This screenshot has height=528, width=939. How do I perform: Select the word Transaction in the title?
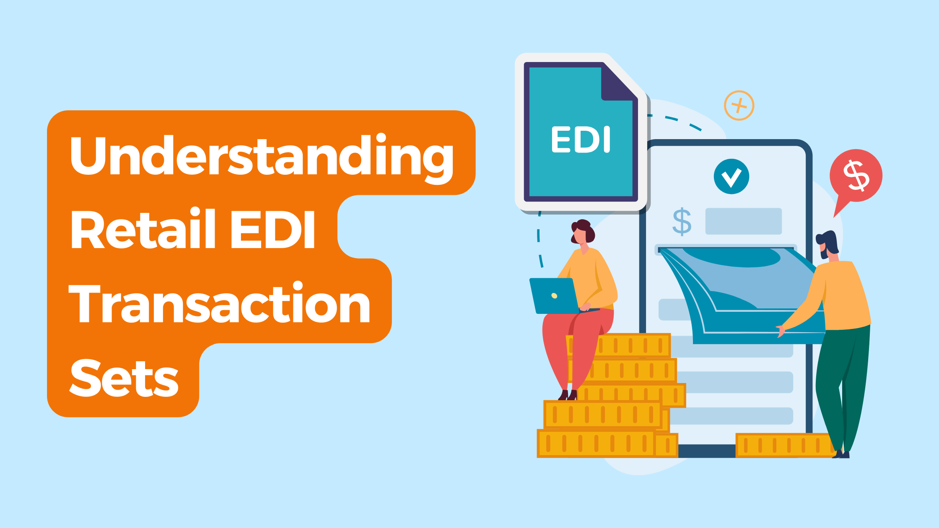[219, 303]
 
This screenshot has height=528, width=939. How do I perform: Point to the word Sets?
[124, 378]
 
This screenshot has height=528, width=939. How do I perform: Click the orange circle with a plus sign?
[739, 106]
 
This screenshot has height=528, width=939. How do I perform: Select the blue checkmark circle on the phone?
[731, 176]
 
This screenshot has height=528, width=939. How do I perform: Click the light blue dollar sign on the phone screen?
[682, 221]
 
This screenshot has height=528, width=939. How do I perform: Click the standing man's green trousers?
[842, 386]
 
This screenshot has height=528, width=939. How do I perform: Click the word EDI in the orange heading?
[272, 230]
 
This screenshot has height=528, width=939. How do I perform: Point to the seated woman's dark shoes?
[568, 395]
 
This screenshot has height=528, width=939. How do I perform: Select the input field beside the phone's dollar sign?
[743, 221]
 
